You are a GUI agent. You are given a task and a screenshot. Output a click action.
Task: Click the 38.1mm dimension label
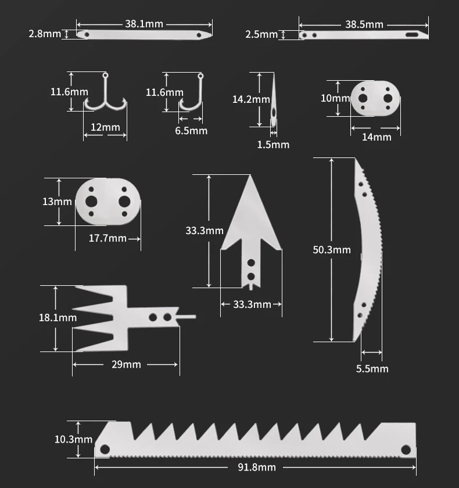(144, 24)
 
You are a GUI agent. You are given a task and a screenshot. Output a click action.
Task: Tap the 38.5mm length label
(364, 24)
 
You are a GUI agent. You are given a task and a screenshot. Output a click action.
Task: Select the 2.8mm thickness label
(45, 34)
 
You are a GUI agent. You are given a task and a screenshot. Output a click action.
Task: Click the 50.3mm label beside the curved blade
(332, 250)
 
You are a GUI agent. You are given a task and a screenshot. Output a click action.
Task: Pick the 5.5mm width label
(372, 368)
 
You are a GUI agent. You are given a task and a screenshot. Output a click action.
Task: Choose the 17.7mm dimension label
(107, 238)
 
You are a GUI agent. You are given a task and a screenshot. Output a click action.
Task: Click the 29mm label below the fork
(127, 364)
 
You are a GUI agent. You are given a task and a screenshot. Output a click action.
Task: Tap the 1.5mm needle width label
(273, 144)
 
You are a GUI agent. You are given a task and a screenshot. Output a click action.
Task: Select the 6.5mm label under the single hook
(191, 131)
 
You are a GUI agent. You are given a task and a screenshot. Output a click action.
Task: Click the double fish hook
(105, 96)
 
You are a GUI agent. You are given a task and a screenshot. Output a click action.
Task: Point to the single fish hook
(192, 96)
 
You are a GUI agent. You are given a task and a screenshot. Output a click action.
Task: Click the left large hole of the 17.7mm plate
(91, 201)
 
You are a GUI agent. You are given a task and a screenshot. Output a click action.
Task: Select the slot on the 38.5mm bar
(413, 35)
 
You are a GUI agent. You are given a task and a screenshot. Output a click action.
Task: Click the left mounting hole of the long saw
(105, 449)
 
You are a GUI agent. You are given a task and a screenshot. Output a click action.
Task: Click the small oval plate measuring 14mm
(376, 98)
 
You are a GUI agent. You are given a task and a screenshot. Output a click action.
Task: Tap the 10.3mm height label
(73, 439)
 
